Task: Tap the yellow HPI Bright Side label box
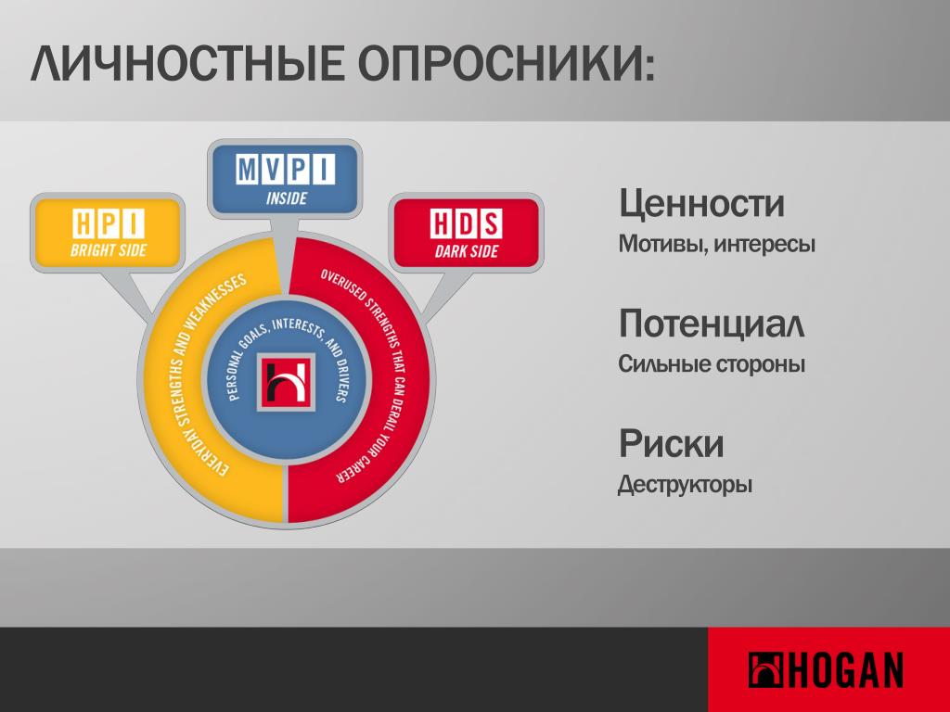click(x=108, y=233)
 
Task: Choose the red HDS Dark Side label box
click(x=466, y=233)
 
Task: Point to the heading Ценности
click(x=701, y=203)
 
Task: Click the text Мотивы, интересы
click(x=717, y=244)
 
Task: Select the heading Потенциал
click(x=712, y=324)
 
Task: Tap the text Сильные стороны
click(x=712, y=363)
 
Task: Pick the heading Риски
click(x=671, y=444)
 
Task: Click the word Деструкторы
click(x=685, y=484)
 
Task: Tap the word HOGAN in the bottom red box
click(x=846, y=669)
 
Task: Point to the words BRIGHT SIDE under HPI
click(x=109, y=249)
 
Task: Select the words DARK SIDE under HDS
click(x=467, y=250)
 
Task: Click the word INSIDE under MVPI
click(x=286, y=198)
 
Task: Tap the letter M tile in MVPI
click(x=247, y=169)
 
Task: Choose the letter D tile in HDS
click(x=467, y=223)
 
